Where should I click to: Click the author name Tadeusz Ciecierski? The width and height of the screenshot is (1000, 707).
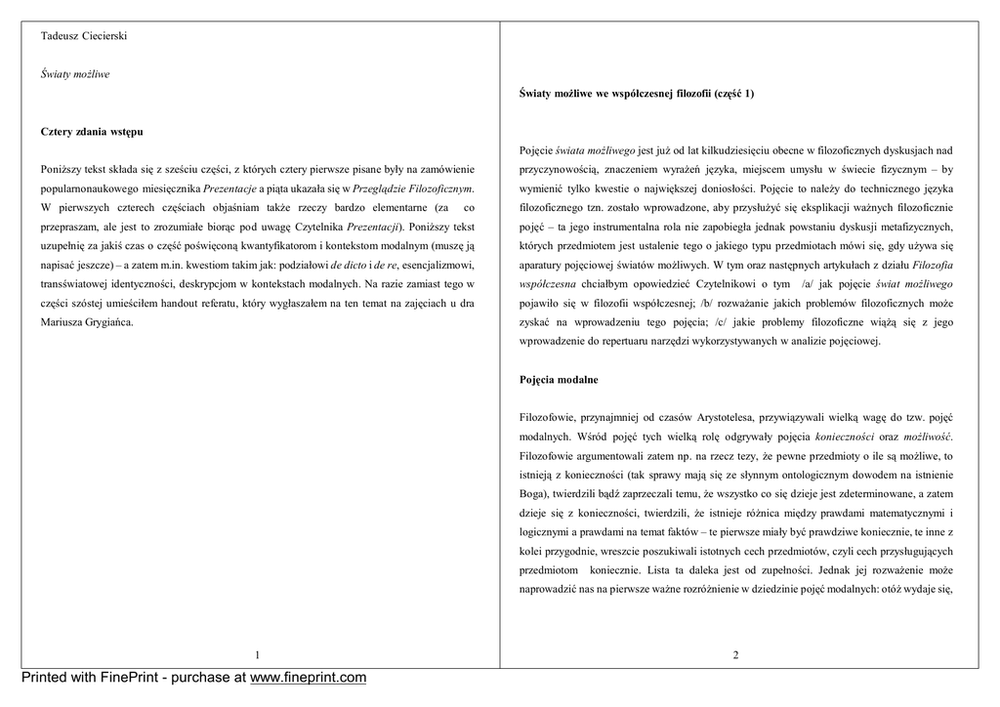pos(84,36)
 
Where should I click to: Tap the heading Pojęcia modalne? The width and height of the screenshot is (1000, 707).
pos(559,379)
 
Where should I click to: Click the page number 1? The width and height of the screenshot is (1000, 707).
pos(257,654)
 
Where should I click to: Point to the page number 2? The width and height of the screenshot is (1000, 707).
pos(735,654)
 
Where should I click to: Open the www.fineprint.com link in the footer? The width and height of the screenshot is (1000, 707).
pos(309,678)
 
